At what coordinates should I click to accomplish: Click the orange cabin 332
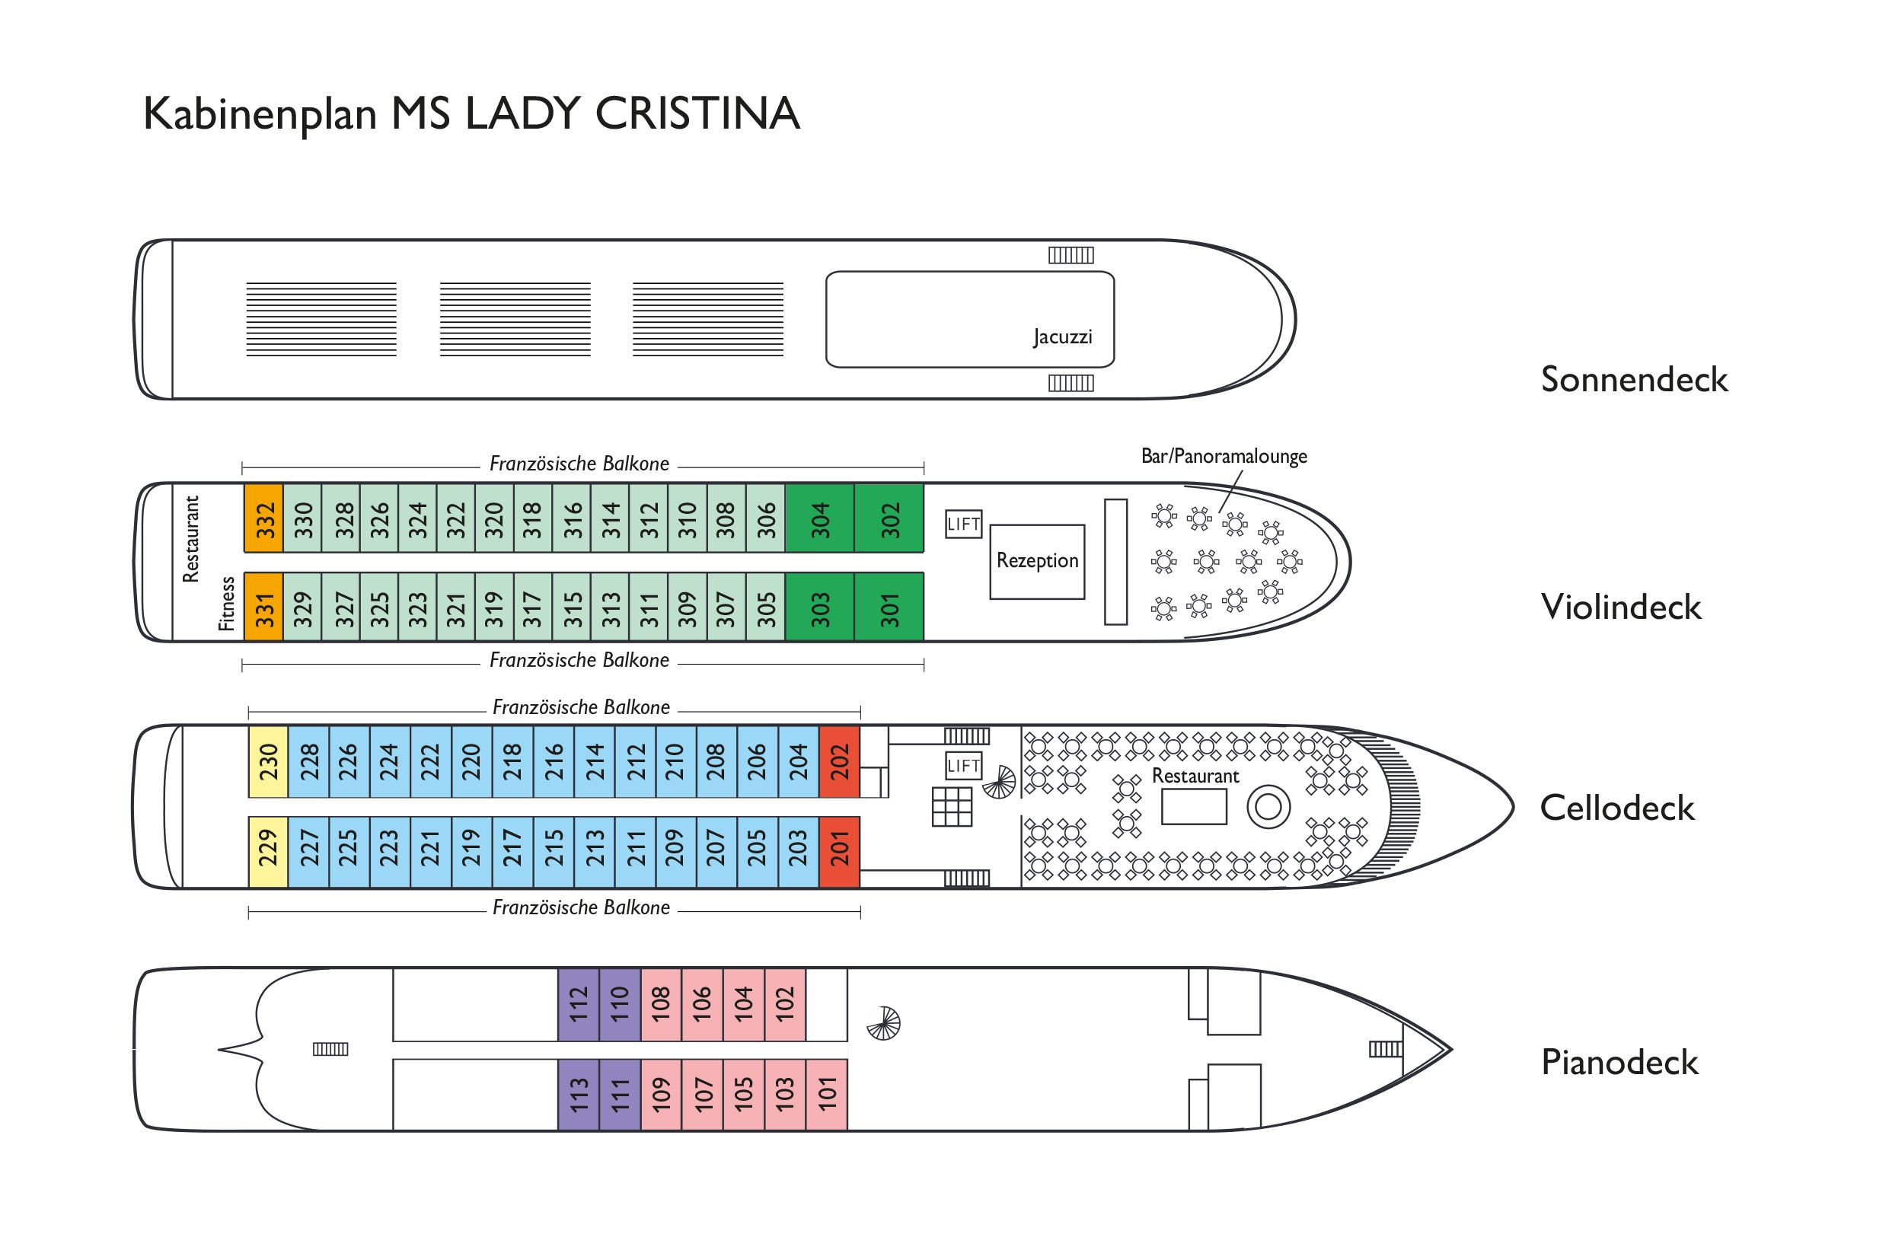[x=263, y=518]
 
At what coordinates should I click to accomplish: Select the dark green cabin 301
[x=889, y=607]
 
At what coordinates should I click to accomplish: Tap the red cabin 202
[x=839, y=761]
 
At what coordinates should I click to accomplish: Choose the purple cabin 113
[x=579, y=1095]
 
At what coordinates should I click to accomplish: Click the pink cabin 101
[x=826, y=1095]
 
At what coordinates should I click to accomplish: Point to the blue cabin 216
[x=554, y=761]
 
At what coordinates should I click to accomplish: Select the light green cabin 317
[x=532, y=607]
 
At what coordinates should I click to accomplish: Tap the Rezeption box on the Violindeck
[x=1036, y=561]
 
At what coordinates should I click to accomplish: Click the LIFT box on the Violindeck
[x=964, y=524]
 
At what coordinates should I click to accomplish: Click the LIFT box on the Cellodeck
[x=964, y=766]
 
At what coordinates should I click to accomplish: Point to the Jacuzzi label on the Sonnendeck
[x=1062, y=336]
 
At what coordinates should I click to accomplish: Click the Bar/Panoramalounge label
[x=1223, y=456]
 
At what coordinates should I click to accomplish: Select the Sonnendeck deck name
[x=1633, y=379]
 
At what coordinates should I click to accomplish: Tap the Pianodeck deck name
[x=1619, y=1062]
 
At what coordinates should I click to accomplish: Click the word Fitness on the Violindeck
[x=227, y=604]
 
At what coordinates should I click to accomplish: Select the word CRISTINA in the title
[x=697, y=113]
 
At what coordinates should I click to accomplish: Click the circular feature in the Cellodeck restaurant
[x=1268, y=807]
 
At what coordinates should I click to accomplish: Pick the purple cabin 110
[x=620, y=1004]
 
